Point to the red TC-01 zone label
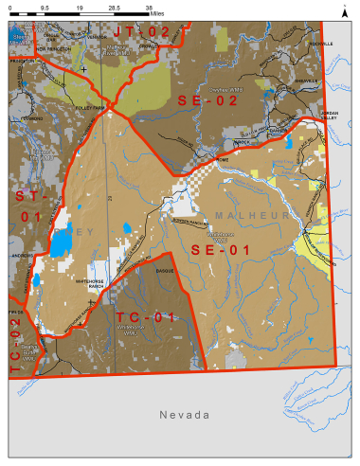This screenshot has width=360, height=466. (145, 316)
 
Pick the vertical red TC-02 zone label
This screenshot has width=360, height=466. (14, 345)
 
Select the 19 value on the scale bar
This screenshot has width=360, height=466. (80, 6)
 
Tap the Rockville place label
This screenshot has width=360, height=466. (320, 44)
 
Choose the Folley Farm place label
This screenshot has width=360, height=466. (90, 108)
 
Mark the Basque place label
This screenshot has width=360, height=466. (166, 270)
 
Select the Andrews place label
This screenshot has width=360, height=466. (21, 255)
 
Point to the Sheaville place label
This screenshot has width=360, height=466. (306, 81)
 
